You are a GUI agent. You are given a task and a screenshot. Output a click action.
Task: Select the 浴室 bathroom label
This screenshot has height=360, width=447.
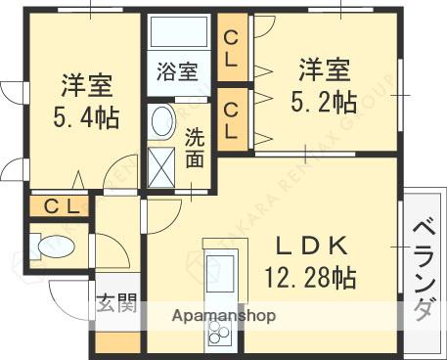coord(178,71)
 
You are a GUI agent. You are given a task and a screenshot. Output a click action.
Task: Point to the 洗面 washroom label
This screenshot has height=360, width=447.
coord(194,147)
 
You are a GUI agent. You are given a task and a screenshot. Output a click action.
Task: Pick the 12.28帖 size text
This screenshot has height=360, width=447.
coord(310,277)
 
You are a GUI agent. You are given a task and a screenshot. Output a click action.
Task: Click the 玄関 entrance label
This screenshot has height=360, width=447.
coord(116,303)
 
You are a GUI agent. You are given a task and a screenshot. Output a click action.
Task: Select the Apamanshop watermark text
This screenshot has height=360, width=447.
coord(224,316)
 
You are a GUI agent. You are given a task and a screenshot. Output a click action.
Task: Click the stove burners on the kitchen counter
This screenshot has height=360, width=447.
coord(219,334)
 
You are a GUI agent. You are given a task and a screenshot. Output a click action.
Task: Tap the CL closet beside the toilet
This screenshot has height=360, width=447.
coord(59,207)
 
